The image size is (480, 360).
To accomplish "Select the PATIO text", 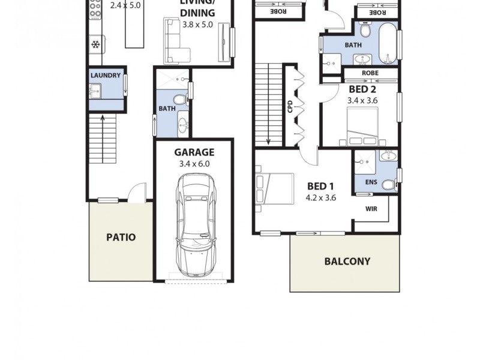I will click(121, 237).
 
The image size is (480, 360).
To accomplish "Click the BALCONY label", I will click(347, 262).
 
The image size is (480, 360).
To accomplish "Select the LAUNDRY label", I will click(106, 76).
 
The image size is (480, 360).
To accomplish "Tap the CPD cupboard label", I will click(290, 107).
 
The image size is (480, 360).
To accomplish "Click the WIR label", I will click(371, 209).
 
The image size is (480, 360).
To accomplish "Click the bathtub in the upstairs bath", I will click(388, 43).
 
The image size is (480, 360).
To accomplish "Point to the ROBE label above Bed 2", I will click(370, 74).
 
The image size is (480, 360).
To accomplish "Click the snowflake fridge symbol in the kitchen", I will click(95, 44).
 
